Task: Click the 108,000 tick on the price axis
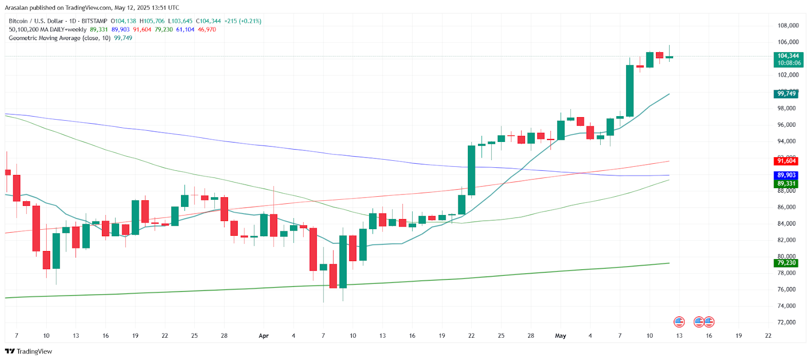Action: click(x=788, y=26)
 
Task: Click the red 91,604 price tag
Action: click(x=787, y=161)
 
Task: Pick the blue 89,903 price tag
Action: click(x=787, y=175)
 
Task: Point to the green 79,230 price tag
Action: click(x=787, y=263)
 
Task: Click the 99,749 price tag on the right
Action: click(x=787, y=94)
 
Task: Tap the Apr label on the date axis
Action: click(x=264, y=336)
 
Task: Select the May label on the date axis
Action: click(x=560, y=336)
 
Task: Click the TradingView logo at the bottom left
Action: click(x=29, y=351)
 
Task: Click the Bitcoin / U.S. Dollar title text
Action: click(x=36, y=21)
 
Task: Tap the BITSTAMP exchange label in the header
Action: click(x=94, y=21)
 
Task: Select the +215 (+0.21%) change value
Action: click(x=243, y=21)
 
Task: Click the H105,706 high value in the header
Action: click(x=152, y=21)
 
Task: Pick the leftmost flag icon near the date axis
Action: click(x=679, y=321)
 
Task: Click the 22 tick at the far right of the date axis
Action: click(x=768, y=336)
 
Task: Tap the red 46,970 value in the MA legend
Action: click(x=207, y=29)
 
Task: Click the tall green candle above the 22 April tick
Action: click(x=471, y=170)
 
